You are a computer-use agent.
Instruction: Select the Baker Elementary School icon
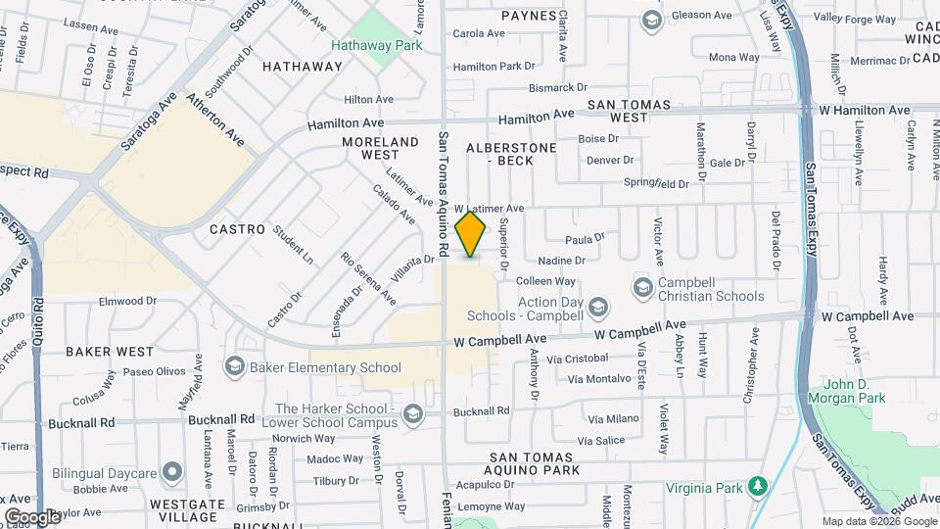(x=234, y=366)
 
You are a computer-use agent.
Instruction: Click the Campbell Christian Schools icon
(x=642, y=287)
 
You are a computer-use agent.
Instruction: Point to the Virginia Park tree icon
(x=757, y=487)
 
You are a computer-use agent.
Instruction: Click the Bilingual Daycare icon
(x=172, y=471)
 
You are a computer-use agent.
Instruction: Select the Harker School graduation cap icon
(x=413, y=414)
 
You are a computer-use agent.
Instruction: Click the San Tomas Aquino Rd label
(x=443, y=196)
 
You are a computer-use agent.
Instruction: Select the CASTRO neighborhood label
(x=237, y=229)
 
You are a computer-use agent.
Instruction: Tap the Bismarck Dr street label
(x=528, y=87)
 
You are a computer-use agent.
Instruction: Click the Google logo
(x=32, y=516)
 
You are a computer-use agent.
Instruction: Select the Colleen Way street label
(x=552, y=281)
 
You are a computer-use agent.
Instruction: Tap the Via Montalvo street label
(x=599, y=379)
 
